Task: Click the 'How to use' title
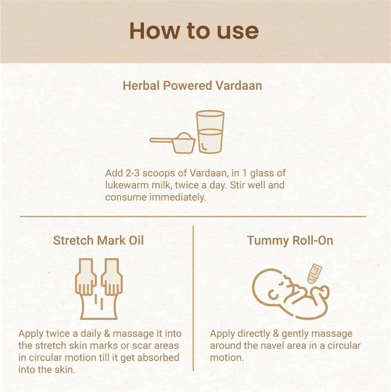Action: [194, 31]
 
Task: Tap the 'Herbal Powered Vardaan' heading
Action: [192, 85]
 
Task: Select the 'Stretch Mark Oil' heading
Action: [99, 241]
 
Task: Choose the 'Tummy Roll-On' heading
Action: [290, 241]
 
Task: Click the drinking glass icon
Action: [210, 131]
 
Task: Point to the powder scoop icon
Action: [173, 143]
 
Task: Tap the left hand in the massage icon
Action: [86, 277]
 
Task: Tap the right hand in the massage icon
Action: [112, 277]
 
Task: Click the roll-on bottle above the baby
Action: [314, 274]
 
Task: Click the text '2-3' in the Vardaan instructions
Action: [132, 173]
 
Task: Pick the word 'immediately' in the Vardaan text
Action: [178, 197]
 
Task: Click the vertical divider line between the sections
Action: [193, 298]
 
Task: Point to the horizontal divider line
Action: [193, 216]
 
